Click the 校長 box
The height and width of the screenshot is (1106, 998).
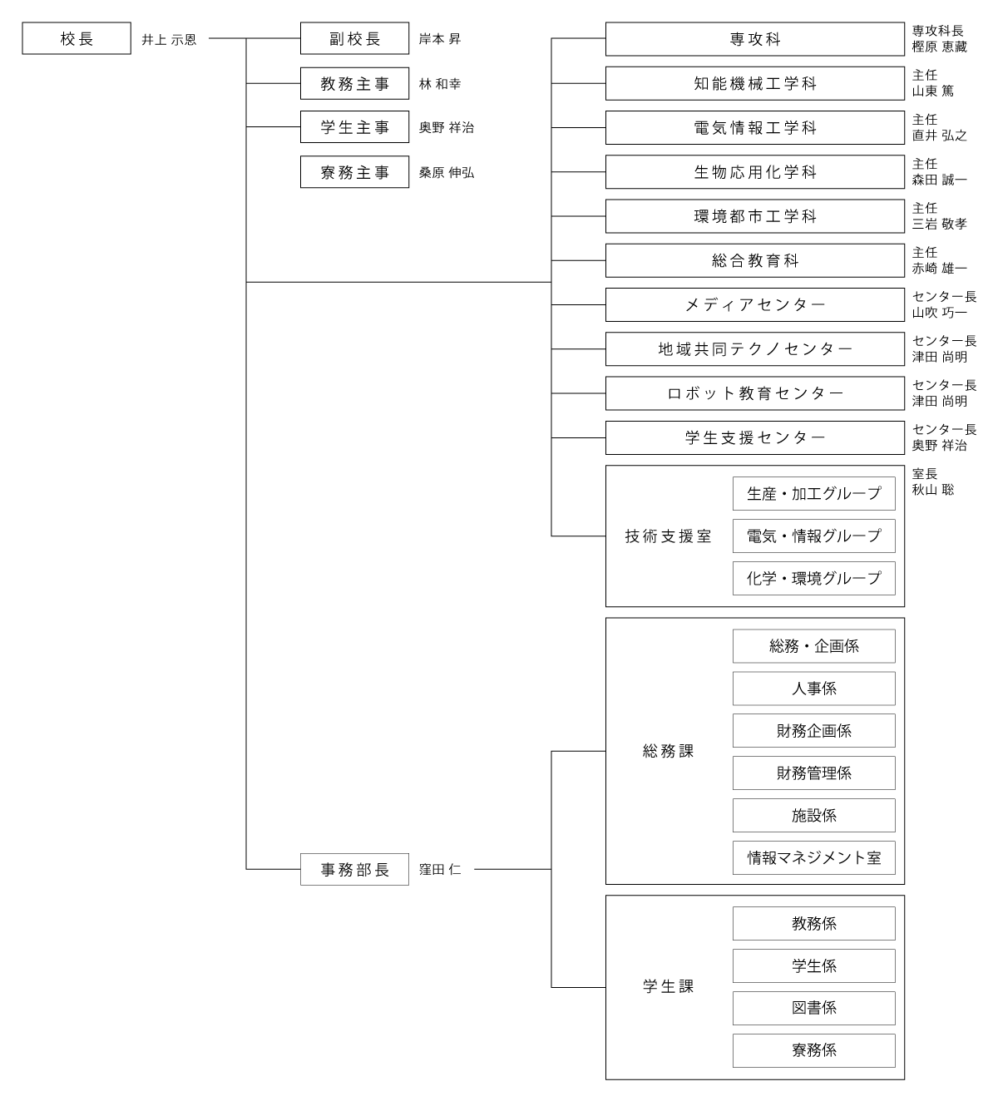(x=77, y=38)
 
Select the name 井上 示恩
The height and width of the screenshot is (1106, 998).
(x=169, y=40)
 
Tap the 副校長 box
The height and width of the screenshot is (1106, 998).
(x=354, y=38)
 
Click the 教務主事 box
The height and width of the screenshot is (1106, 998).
(x=354, y=84)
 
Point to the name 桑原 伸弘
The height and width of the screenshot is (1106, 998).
(x=446, y=173)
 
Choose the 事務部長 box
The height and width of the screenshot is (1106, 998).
(x=354, y=870)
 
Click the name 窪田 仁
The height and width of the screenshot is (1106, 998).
(x=439, y=870)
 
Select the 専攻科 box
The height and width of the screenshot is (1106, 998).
(x=755, y=39)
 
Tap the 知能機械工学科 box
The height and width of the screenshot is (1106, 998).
(x=755, y=84)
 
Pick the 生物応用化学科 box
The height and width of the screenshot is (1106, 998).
(x=755, y=172)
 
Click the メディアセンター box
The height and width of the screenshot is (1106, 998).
(x=755, y=305)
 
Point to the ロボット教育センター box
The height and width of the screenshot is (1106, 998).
(x=755, y=393)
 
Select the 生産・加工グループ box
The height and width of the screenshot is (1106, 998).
(x=814, y=493)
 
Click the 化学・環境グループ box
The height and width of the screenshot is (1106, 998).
(x=814, y=578)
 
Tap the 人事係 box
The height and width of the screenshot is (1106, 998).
(x=814, y=689)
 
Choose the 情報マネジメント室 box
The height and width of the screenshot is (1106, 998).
(x=814, y=858)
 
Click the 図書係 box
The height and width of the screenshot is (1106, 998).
(x=814, y=1009)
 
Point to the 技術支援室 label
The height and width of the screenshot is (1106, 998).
(x=668, y=536)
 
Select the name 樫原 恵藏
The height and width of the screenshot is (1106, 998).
(x=939, y=47)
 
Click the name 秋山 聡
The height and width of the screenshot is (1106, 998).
(x=932, y=490)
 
